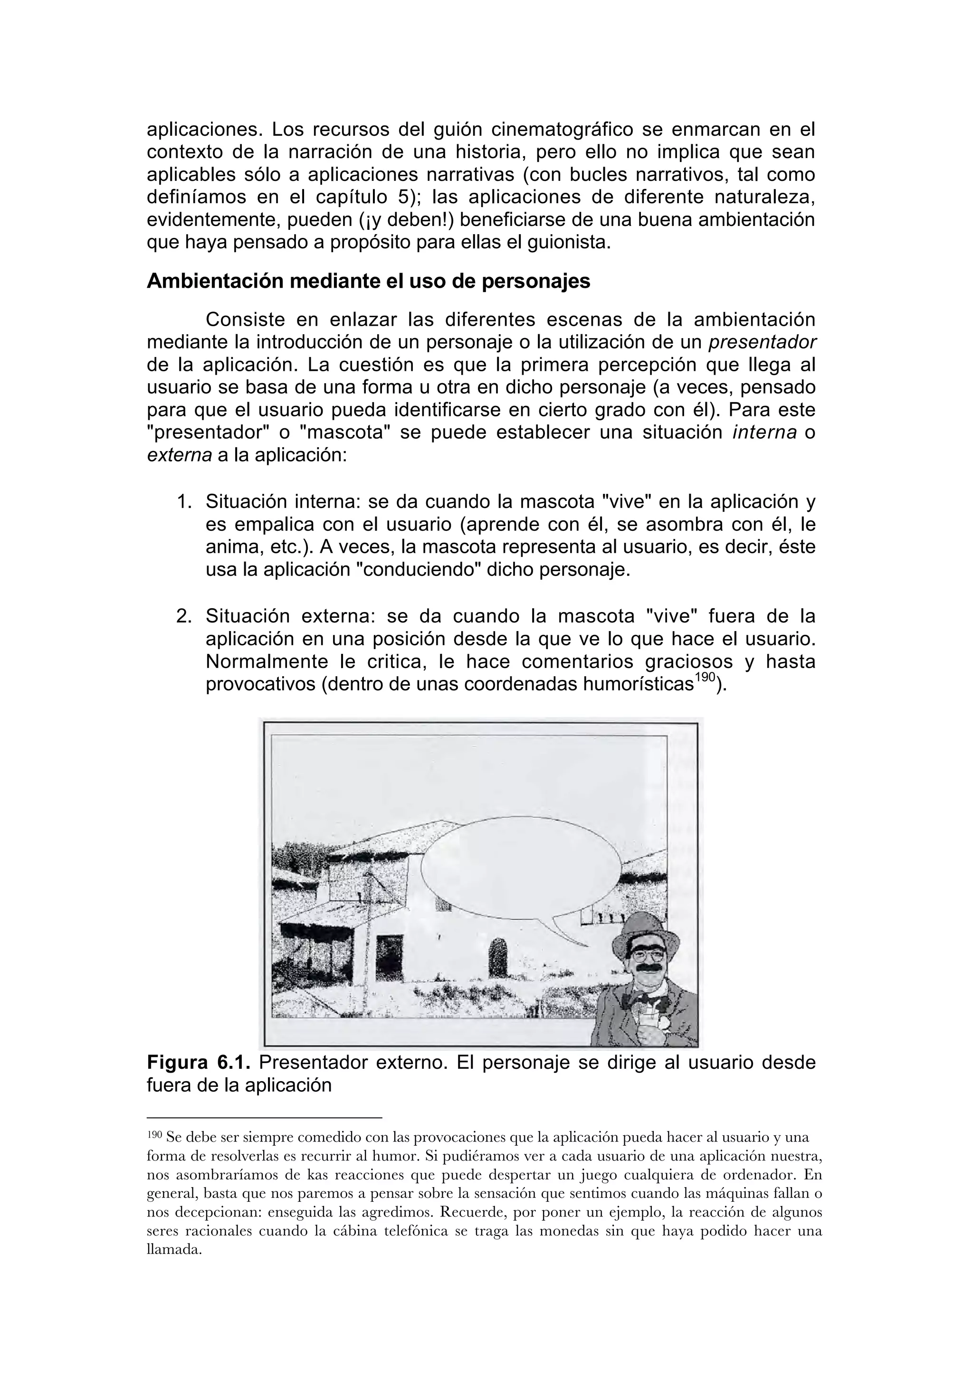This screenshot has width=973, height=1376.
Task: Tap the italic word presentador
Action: click(762, 342)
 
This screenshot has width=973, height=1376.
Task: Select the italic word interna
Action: click(764, 433)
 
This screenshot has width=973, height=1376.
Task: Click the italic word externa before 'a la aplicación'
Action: click(179, 455)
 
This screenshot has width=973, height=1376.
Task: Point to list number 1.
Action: click(183, 501)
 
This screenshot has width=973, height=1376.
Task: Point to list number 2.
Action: click(183, 616)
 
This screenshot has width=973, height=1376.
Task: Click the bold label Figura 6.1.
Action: click(199, 1063)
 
